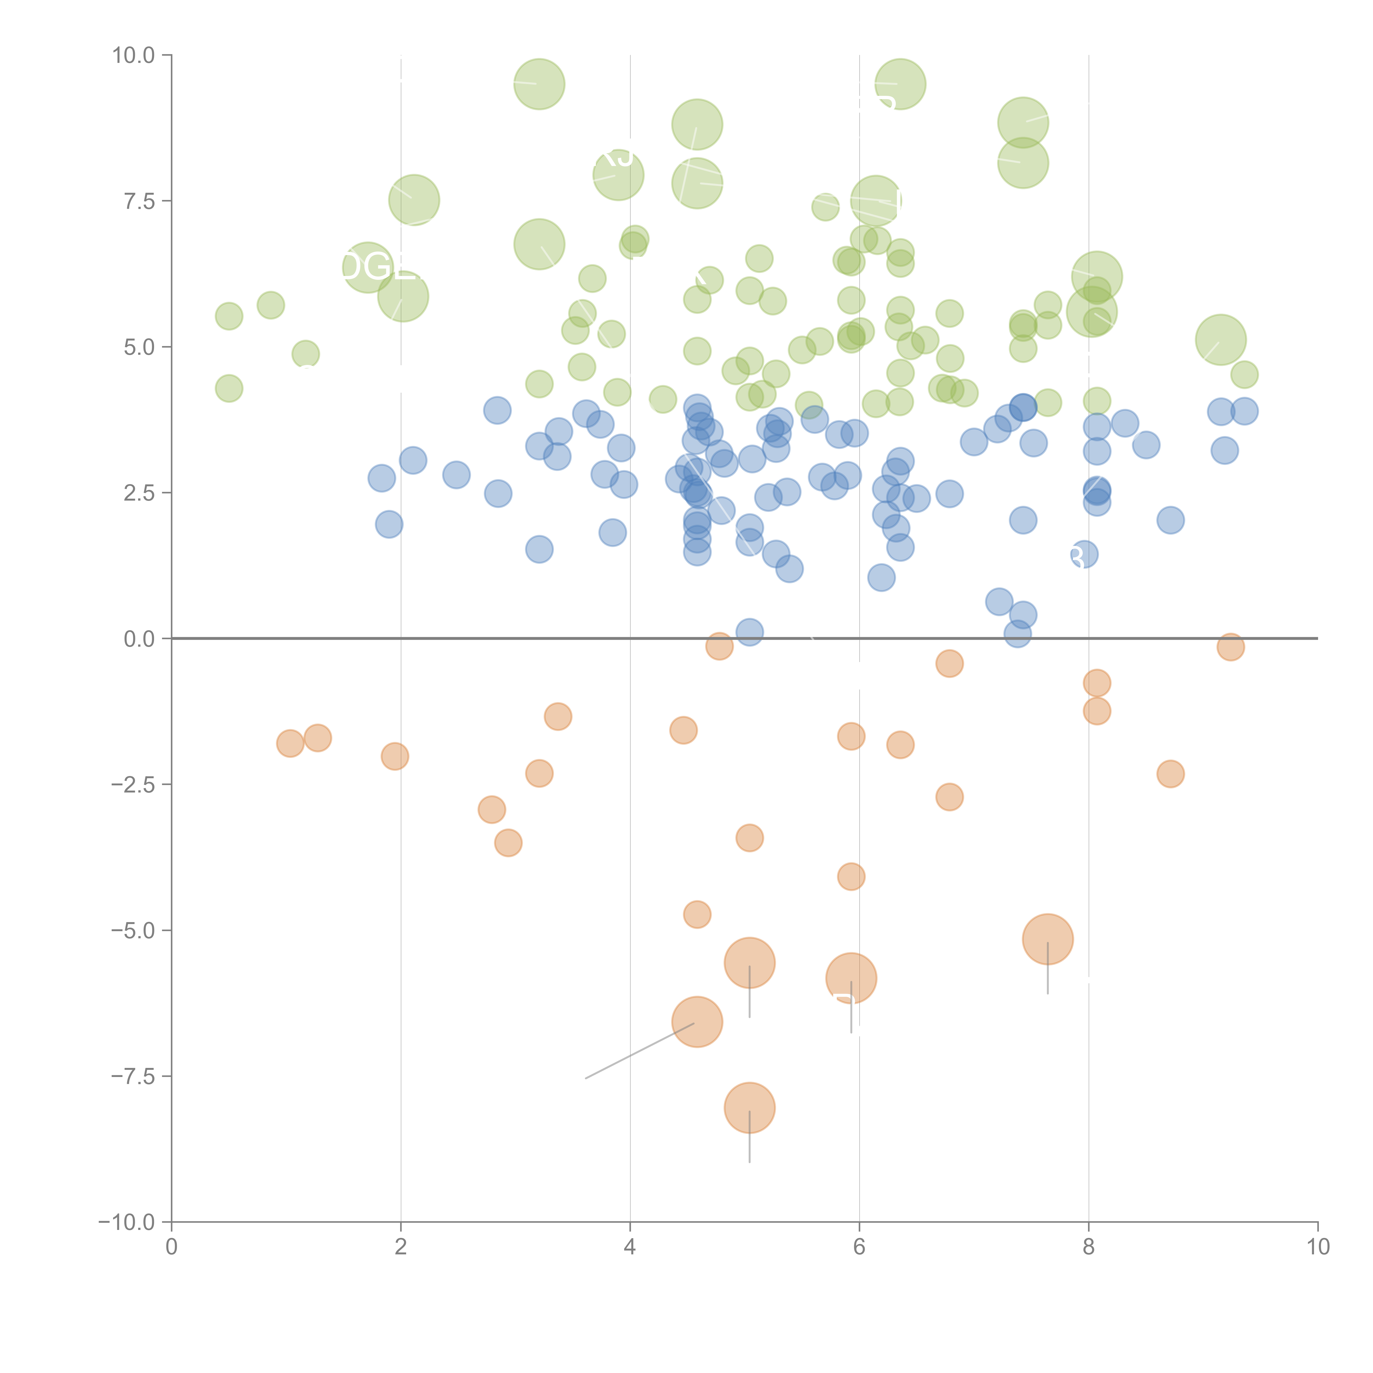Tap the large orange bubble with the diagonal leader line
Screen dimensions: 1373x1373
point(697,1022)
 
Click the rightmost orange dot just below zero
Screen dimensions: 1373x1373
point(1230,647)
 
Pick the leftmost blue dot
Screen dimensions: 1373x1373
point(382,478)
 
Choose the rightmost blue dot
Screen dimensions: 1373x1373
point(1244,411)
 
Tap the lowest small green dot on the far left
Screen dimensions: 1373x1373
point(229,388)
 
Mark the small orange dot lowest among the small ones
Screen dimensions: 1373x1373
point(697,915)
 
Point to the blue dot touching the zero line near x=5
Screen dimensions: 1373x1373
point(749,632)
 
